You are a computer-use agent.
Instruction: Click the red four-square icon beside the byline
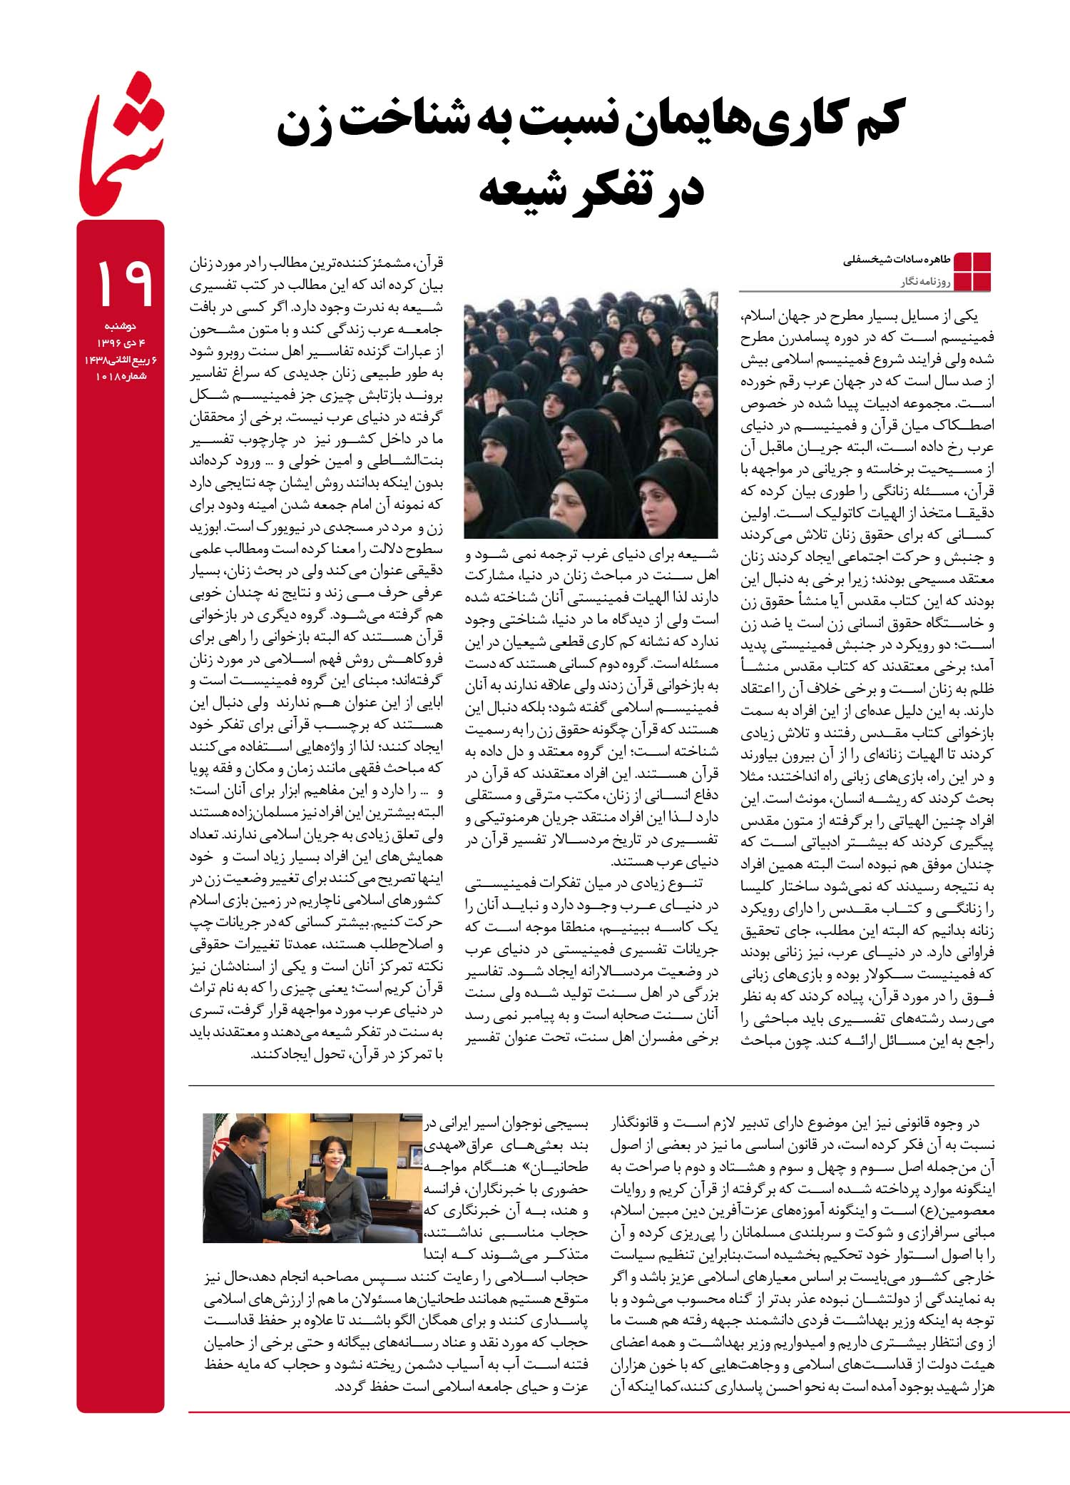click(x=972, y=272)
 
